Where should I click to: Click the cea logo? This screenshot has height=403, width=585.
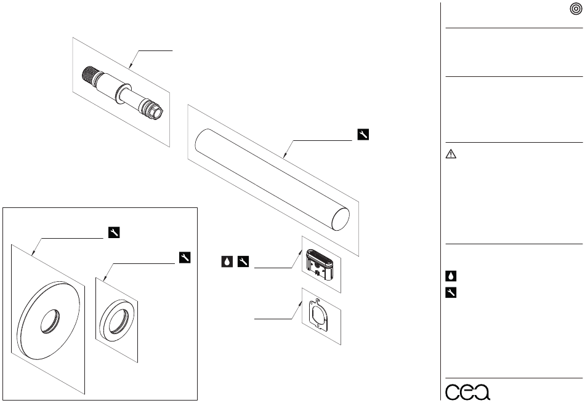pyautogui.click(x=467, y=391)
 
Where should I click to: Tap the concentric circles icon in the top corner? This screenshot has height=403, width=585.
pyautogui.click(x=576, y=10)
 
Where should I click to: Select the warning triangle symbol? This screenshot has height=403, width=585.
pyautogui.click(x=451, y=154)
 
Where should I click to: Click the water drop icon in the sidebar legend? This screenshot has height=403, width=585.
pyautogui.click(x=451, y=276)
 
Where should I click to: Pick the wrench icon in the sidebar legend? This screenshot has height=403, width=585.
pyautogui.click(x=451, y=293)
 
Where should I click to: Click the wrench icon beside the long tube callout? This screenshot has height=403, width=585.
pyautogui.click(x=363, y=135)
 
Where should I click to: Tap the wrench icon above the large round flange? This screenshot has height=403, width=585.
pyautogui.click(x=114, y=232)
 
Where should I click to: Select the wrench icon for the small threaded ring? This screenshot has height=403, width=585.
pyautogui.click(x=185, y=258)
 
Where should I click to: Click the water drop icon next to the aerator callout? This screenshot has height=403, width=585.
pyautogui.click(x=227, y=261)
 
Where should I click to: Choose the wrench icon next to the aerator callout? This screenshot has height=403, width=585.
pyautogui.click(x=243, y=261)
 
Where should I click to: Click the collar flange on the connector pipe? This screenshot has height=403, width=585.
pyautogui.click(x=122, y=94)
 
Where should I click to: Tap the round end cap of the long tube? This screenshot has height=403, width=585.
pyautogui.click(x=341, y=218)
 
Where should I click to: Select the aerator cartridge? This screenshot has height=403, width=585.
pyautogui.click(x=320, y=264)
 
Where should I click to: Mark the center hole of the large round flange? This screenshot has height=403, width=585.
pyautogui.click(x=50, y=321)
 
